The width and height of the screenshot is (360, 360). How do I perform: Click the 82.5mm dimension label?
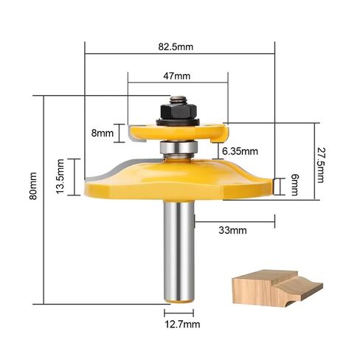pos(176,46)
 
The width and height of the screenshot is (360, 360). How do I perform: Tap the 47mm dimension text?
pos(177,76)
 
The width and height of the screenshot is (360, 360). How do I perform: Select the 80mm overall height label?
pos(33,186)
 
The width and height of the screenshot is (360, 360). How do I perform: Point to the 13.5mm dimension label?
pos(60,176)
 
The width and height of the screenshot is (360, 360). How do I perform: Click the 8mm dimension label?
pos(103,134)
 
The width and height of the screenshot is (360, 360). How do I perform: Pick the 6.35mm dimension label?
pos(240,151)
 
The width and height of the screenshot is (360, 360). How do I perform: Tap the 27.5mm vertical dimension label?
pos(320,165)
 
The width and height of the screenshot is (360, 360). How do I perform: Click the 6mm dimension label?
pos(294,184)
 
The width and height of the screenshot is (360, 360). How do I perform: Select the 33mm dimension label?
pos(232,230)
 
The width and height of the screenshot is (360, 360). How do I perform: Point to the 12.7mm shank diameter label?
pos(182,325)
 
